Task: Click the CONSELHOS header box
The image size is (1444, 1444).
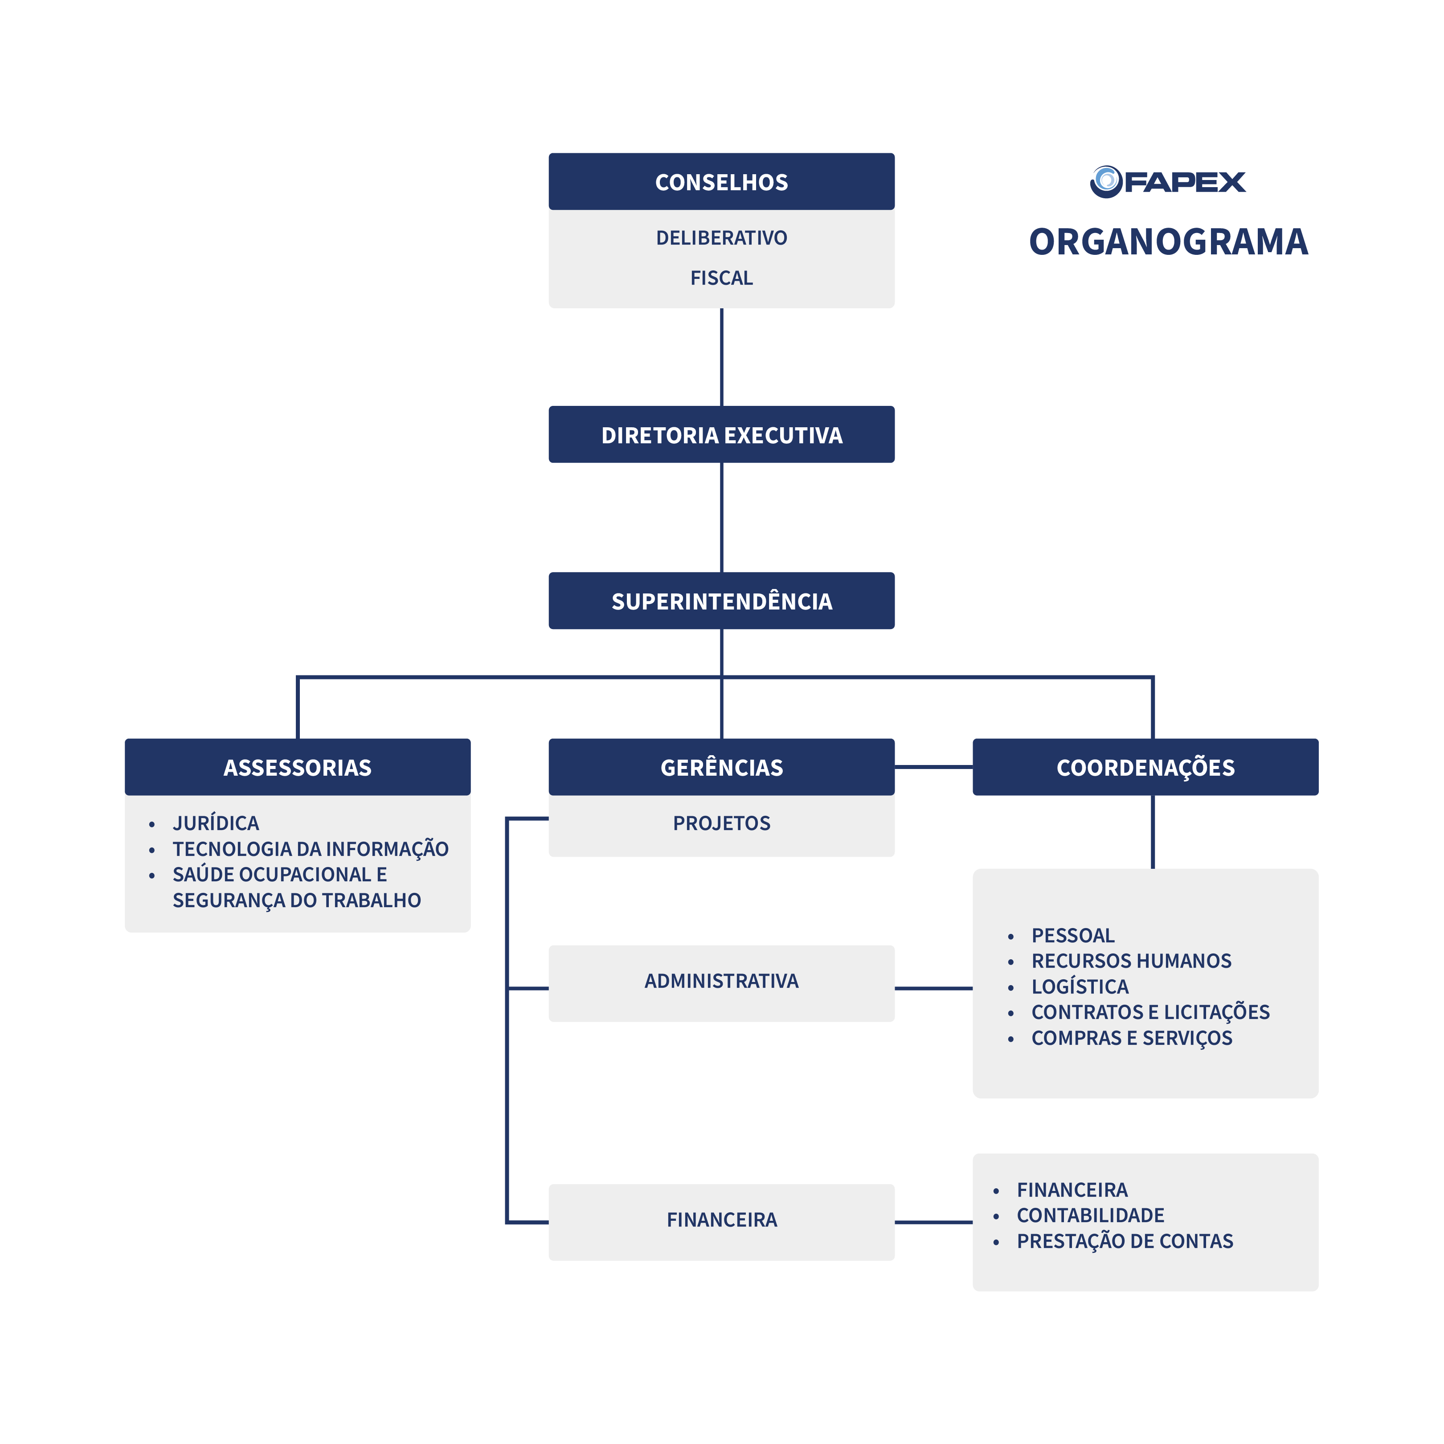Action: tap(721, 182)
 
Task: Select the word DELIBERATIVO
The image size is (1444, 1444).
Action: tap(721, 237)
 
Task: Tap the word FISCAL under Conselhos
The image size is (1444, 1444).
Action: tap(721, 278)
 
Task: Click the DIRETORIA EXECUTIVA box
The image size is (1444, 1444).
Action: tap(721, 434)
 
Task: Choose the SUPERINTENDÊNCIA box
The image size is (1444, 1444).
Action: tap(721, 601)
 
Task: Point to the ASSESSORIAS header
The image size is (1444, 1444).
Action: tap(298, 767)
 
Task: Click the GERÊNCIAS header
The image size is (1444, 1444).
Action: tap(721, 767)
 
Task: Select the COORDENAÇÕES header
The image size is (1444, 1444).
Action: tap(1145, 767)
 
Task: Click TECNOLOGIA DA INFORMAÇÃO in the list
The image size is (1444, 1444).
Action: tap(310, 849)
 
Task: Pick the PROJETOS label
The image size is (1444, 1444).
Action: tap(721, 823)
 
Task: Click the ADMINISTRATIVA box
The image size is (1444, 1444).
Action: tap(721, 981)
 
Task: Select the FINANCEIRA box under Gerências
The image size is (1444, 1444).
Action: tap(721, 1220)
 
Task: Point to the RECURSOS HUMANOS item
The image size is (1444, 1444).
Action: tap(1131, 961)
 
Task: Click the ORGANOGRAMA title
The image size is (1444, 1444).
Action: tap(1168, 241)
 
